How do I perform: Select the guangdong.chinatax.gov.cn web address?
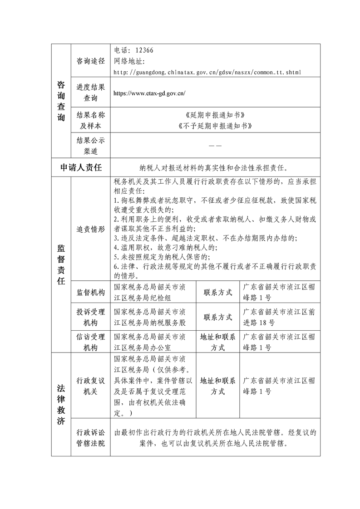click(207, 72)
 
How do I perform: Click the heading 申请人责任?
click(81, 167)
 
